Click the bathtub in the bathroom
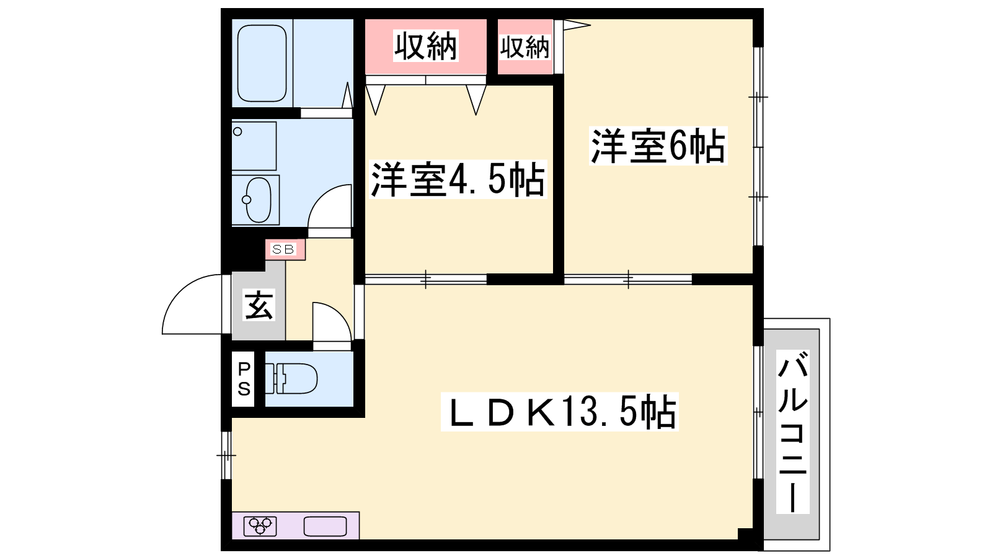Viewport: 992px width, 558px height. (262, 63)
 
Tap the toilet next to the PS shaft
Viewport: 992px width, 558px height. (291, 379)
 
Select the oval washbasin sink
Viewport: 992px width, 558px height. (258, 200)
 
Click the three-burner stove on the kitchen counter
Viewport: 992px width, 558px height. (260, 526)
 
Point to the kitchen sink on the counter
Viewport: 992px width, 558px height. (325, 526)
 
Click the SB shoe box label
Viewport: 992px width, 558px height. (283, 249)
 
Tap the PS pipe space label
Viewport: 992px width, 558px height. (244, 379)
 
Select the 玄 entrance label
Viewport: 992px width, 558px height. (259, 304)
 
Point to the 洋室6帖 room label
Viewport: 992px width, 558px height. (658, 146)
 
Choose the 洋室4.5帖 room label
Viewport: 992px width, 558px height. (458, 179)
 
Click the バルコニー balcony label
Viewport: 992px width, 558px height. (793, 432)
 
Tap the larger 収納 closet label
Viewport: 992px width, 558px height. (425, 46)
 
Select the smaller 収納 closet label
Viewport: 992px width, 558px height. (525, 47)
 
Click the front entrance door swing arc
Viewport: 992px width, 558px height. (182, 292)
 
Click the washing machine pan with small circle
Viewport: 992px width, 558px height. (254, 146)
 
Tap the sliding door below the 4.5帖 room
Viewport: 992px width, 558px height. (425, 280)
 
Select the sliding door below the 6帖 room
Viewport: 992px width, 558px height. (628, 280)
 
